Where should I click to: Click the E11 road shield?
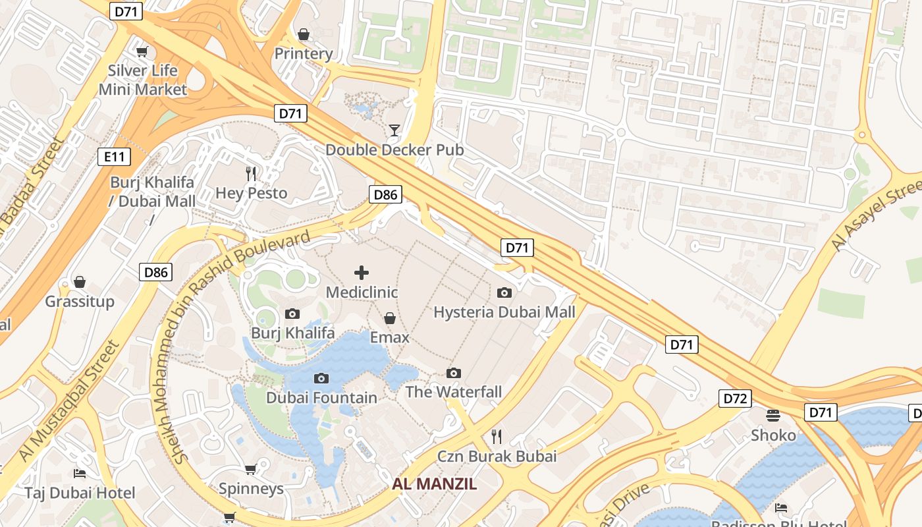click(x=114, y=157)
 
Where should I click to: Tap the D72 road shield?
click(x=735, y=399)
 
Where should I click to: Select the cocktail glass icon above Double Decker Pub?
click(x=394, y=130)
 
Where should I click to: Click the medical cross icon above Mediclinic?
click(x=362, y=273)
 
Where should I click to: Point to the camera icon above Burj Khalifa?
click(x=292, y=314)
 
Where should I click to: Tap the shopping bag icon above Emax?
click(x=390, y=319)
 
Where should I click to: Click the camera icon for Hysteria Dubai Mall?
click(x=504, y=292)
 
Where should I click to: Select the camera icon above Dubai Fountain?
click(x=321, y=378)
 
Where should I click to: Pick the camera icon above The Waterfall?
click(x=454, y=374)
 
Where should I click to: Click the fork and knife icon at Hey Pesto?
click(x=251, y=174)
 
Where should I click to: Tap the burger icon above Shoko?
click(x=773, y=416)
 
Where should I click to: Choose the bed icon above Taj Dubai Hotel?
click(x=80, y=474)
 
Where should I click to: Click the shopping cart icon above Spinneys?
click(x=250, y=469)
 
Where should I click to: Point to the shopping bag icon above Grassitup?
click(x=80, y=283)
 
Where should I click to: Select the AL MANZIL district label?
click(x=435, y=484)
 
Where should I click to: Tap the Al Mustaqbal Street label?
click(x=68, y=401)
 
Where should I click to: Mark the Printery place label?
click(x=304, y=53)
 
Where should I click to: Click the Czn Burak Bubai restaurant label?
click(x=497, y=456)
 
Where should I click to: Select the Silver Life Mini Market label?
click(x=143, y=80)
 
